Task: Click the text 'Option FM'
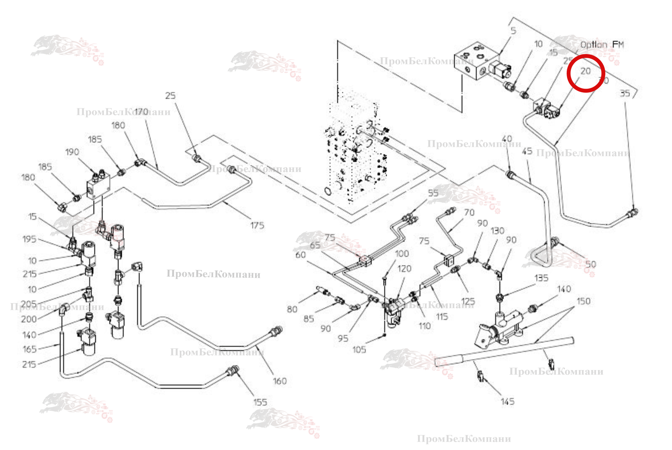coord(602,45)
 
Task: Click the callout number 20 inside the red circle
coord(585,71)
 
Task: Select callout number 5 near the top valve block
coord(513,31)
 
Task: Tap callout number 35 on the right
coord(625,94)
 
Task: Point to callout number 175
coord(257,226)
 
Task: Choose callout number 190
coord(72,152)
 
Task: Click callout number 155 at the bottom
coord(260,402)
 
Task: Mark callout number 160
coord(280,381)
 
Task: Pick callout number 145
coord(508,402)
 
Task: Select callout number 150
coord(584,301)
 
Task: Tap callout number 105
coord(359,350)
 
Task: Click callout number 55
coord(433,193)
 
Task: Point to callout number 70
coord(469,212)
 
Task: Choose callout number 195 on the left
coord(29,239)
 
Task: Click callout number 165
coord(29,349)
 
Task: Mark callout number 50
coord(590,264)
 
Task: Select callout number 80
coord(292,309)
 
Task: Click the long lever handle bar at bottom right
coord(503,352)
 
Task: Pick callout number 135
coord(541,278)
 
